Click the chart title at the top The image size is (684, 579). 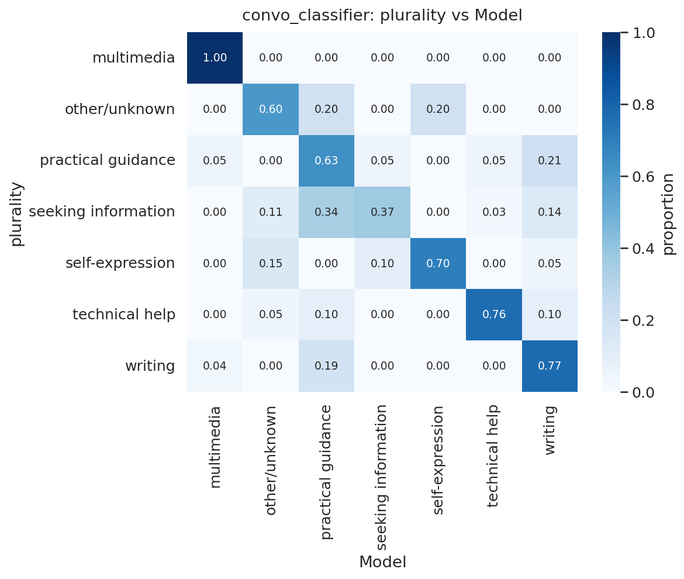pyautogui.click(x=382, y=16)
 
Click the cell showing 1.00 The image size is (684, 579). pyautogui.click(x=215, y=58)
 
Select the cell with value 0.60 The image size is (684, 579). pyautogui.click(x=271, y=109)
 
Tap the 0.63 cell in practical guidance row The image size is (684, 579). pyautogui.click(x=326, y=161)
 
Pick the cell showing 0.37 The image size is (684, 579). pyautogui.click(x=382, y=212)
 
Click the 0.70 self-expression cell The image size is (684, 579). pyautogui.click(x=438, y=263)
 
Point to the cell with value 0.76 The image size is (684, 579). pyautogui.click(x=493, y=315)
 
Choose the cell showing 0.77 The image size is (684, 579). pyautogui.click(x=550, y=366)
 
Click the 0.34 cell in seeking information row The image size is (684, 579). pyautogui.click(x=326, y=212)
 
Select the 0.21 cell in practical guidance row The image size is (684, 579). pyautogui.click(x=550, y=161)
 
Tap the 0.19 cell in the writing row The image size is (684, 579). pyautogui.click(x=326, y=366)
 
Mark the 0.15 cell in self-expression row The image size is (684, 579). pyautogui.click(x=271, y=263)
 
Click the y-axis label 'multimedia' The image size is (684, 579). pyautogui.click(x=133, y=58)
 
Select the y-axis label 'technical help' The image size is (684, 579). pyautogui.click(x=123, y=315)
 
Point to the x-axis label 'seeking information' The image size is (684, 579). pyautogui.click(x=382, y=477)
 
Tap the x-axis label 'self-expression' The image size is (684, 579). pyautogui.click(x=438, y=459)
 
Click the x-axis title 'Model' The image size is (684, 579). pyautogui.click(x=382, y=562)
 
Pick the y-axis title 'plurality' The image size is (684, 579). pyautogui.click(x=17, y=213)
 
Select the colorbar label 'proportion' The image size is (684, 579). pyautogui.click(x=669, y=213)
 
